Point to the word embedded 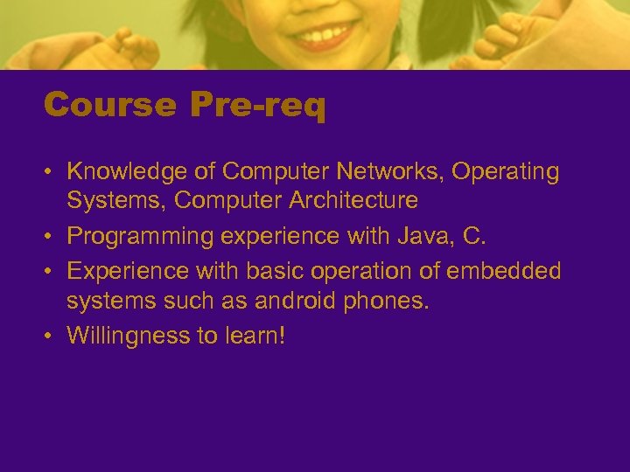[503, 272]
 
